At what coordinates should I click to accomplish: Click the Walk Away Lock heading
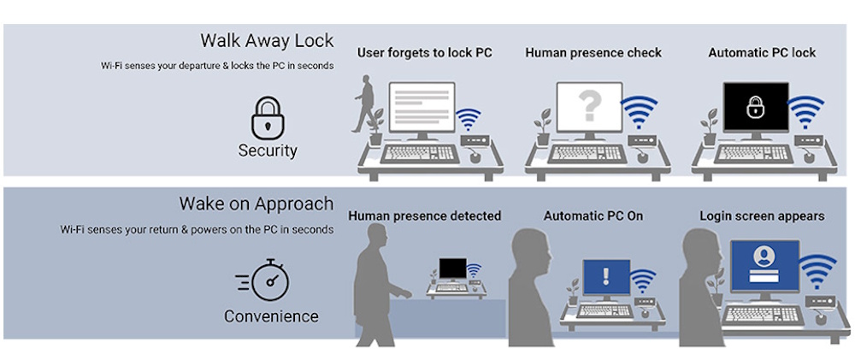(267, 41)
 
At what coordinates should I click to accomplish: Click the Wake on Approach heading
(256, 204)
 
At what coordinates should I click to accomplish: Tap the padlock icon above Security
(268, 116)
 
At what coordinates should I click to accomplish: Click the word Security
(268, 150)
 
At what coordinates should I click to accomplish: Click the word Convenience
(271, 316)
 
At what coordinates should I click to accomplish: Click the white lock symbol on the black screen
(755, 107)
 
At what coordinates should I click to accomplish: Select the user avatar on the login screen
(764, 257)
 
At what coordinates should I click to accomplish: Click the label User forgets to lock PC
(425, 53)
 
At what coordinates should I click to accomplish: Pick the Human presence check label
(593, 53)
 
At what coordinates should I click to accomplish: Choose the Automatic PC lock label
(762, 53)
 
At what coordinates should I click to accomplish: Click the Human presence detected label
(424, 216)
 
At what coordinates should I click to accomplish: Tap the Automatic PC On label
(593, 216)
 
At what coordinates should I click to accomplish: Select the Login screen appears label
(762, 216)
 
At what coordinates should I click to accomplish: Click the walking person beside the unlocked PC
(364, 103)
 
